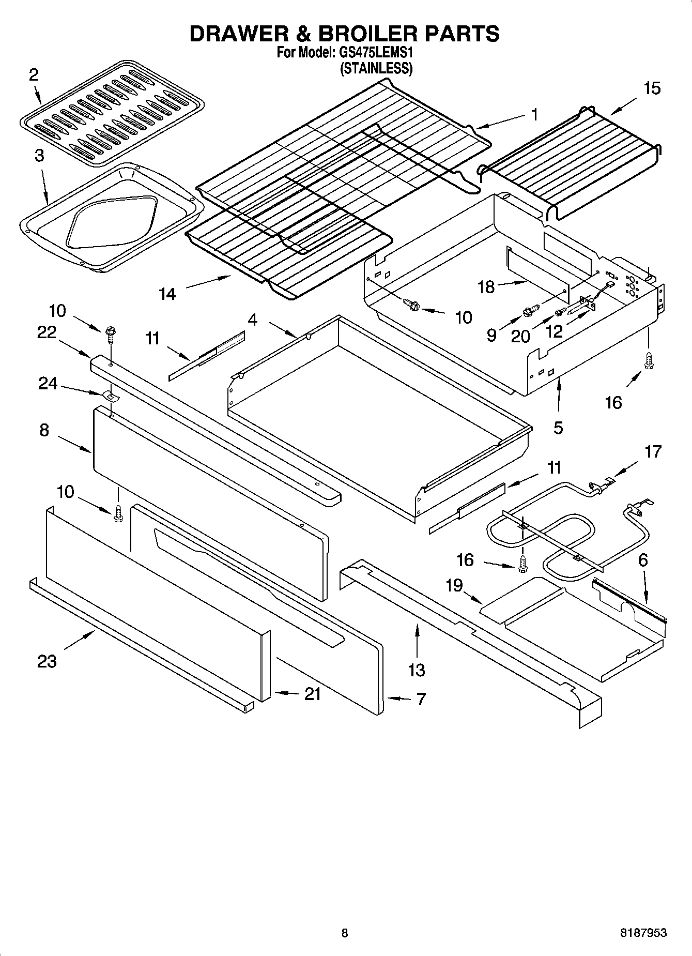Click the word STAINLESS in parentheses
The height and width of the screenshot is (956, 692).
[x=376, y=69]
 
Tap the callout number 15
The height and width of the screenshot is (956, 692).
[x=652, y=88]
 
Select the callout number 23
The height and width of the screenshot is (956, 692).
[x=47, y=661]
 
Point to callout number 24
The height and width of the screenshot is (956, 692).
[x=48, y=383]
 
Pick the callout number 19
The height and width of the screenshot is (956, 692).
[x=454, y=586]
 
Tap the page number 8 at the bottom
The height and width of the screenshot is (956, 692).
[x=345, y=933]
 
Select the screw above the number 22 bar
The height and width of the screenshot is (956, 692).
[x=110, y=333]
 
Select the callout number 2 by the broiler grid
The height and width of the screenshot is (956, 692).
[x=33, y=75]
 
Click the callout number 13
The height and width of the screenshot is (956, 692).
[x=416, y=670]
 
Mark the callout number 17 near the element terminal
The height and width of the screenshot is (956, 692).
[x=653, y=451]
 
